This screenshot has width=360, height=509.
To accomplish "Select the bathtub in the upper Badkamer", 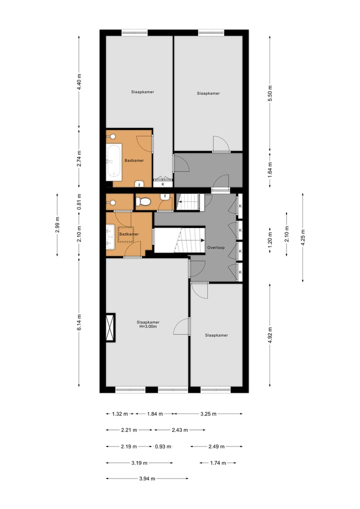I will click(114, 162).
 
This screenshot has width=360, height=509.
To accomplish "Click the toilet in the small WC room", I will click(145, 202).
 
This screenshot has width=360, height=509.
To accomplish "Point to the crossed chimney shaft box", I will click(110, 327).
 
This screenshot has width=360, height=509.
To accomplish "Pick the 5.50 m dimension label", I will click(269, 94).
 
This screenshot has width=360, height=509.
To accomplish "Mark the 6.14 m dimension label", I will click(79, 322).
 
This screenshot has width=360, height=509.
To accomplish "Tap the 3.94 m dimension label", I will click(147, 478).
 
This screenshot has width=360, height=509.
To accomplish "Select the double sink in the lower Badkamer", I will click(110, 236).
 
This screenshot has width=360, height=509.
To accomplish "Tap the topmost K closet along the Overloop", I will click(240, 206).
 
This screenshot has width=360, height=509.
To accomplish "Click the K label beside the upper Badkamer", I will click(162, 184).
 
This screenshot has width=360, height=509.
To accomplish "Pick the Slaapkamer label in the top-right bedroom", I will click(208, 93).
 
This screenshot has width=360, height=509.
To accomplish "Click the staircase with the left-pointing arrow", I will click(189, 202).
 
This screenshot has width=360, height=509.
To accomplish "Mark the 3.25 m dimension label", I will click(208, 413).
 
